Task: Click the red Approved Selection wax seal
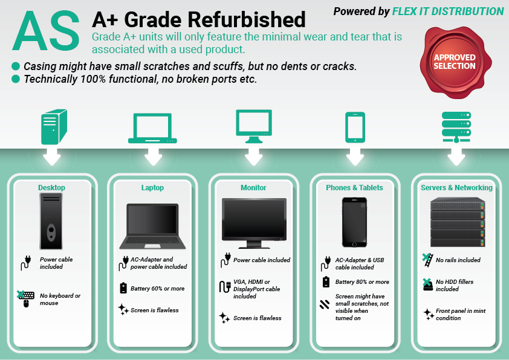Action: [x=455, y=62]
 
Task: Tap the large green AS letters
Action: [x=46, y=31]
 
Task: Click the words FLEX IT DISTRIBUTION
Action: [x=448, y=11]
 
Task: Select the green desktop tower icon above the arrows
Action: [x=54, y=127]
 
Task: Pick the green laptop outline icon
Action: [x=152, y=128]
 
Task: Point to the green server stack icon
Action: [x=456, y=127]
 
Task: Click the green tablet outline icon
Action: [x=355, y=127]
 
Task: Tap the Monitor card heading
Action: [x=253, y=187]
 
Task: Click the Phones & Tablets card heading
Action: [x=354, y=187]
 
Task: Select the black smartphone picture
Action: [x=354, y=222]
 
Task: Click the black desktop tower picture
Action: [x=51, y=221]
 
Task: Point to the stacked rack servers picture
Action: [x=458, y=222]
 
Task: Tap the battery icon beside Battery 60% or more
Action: [x=123, y=288]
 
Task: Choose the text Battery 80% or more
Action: [x=362, y=282]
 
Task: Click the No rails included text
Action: [x=458, y=260]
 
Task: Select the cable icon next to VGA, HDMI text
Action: [x=225, y=286]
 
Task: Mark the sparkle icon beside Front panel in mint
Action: [x=429, y=314]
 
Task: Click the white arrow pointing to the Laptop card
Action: [x=153, y=156]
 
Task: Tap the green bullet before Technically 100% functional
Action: [x=16, y=79]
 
